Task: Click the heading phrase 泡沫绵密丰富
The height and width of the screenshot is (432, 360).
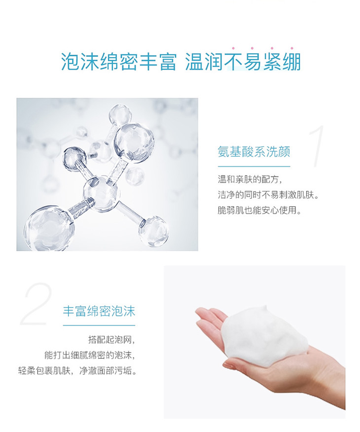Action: (x=119, y=62)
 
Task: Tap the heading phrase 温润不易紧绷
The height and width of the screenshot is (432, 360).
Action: (x=243, y=62)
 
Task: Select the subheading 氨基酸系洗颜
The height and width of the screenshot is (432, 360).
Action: (x=254, y=152)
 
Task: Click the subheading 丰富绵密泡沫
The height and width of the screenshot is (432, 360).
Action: (x=99, y=311)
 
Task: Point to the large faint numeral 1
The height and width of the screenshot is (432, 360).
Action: (x=317, y=146)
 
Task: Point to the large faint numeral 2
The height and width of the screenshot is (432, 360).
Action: (x=36, y=304)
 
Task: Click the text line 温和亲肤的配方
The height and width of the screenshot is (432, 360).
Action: (x=250, y=180)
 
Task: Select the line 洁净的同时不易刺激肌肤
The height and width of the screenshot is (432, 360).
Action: (x=269, y=195)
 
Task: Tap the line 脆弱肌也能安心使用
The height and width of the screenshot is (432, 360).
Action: (x=259, y=211)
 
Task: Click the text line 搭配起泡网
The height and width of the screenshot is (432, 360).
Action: (x=111, y=340)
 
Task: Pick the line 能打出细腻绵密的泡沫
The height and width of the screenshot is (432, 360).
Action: (x=90, y=355)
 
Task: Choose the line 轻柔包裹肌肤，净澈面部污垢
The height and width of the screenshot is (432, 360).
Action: (x=77, y=371)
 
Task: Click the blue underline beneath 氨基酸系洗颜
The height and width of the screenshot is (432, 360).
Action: (x=254, y=166)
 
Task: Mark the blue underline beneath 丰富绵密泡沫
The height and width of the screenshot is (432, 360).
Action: (x=99, y=325)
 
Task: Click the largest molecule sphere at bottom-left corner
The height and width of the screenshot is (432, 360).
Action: (x=49, y=228)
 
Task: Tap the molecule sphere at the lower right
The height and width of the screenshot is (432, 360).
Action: (x=153, y=231)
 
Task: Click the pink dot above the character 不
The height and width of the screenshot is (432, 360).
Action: (x=233, y=48)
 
